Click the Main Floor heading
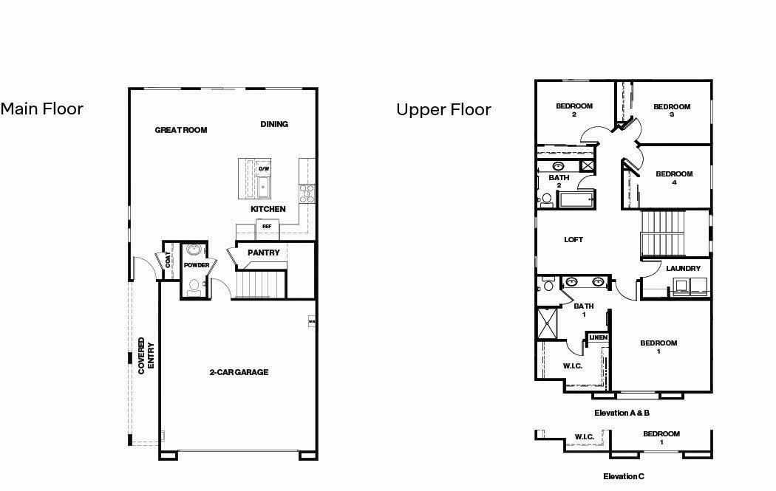pyautogui.click(x=42, y=109)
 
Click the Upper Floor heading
pyautogui.click(x=443, y=110)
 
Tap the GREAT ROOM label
pyautogui.click(x=181, y=130)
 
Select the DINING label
pyautogui.click(x=274, y=124)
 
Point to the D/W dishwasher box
pyautogui.click(x=264, y=169)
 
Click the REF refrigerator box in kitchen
pyautogui.click(x=267, y=227)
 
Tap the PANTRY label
pyautogui.click(x=264, y=253)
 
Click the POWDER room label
pyautogui.click(x=196, y=265)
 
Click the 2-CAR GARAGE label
pyautogui.click(x=239, y=372)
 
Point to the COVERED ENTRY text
pyautogui.click(x=146, y=357)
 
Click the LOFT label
pyautogui.click(x=574, y=239)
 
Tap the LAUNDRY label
pyautogui.click(x=683, y=268)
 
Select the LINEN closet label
pyautogui.click(x=598, y=337)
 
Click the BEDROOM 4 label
pyautogui.click(x=674, y=178)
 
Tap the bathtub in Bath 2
pyautogui.click(x=574, y=199)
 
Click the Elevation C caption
pyautogui.click(x=624, y=476)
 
